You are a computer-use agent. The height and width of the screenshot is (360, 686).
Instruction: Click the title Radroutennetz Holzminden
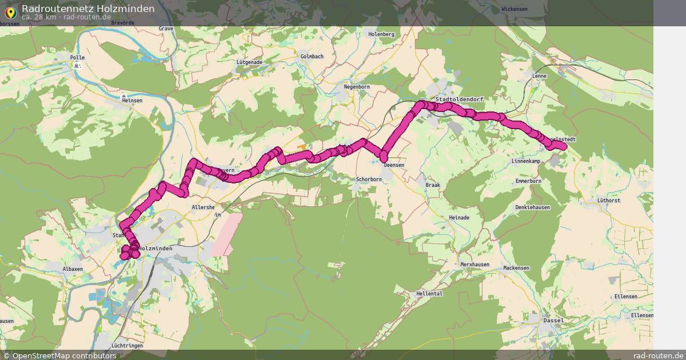tap(88, 9)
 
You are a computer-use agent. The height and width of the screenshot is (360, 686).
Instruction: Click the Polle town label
tap(77, 58)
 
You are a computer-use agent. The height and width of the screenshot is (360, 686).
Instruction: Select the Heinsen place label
tap(132, 100)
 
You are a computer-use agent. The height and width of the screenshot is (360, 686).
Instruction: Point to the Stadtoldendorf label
tap(459, 99)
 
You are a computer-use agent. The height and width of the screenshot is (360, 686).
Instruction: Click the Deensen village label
tap(394, 165)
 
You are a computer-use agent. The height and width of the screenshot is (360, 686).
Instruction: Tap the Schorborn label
tap(369, 179)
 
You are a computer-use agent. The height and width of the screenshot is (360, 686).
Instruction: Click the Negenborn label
tap(357, 87)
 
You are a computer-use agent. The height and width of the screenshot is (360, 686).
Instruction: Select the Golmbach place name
tap(312, 57)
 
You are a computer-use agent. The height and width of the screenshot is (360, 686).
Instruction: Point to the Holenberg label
tap(382, 34)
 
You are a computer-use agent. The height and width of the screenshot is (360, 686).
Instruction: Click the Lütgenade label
tap(249, 62)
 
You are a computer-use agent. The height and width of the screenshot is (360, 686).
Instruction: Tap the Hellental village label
tap(429, 294)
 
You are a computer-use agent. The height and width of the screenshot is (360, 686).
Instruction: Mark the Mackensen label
tap(516, 268)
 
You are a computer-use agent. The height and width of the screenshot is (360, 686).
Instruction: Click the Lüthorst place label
tap(608, 201)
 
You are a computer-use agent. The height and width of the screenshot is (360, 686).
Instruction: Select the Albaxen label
tap(73, 269)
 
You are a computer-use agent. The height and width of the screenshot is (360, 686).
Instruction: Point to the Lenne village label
tap(539, 76)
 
